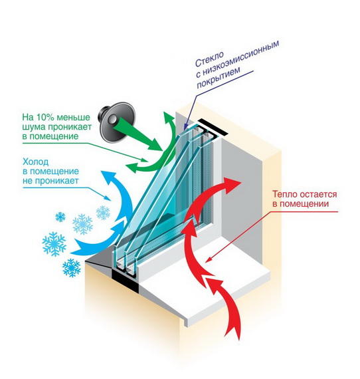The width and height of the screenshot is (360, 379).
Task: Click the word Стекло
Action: (210, 59)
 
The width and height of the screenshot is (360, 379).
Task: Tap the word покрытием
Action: (219, 77)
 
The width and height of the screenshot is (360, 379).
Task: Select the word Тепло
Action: (285, 194)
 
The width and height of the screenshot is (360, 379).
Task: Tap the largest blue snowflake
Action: (54, 244)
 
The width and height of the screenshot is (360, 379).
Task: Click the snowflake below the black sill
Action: (71, 267)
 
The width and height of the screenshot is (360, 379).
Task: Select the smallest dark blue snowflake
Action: (60, 217)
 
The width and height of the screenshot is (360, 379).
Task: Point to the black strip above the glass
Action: (213, 128)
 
